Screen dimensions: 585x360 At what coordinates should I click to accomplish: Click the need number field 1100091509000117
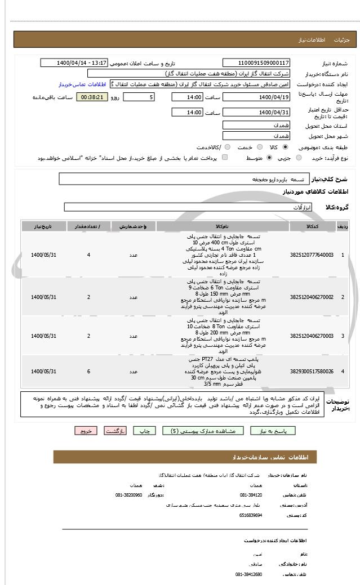pos(256,63)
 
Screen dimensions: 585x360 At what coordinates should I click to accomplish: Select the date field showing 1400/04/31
pos(256,113)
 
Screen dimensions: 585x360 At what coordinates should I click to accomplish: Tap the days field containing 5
pos(139,97)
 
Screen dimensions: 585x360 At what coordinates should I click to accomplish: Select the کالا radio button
pos(285,147)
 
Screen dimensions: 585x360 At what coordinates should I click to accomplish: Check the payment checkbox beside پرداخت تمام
pos(225,158)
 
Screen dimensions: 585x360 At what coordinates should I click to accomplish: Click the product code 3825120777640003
pos(312,255)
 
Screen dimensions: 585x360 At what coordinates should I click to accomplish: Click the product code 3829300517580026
pos(312,372)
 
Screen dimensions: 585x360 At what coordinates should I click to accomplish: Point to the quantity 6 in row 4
pos(88,372)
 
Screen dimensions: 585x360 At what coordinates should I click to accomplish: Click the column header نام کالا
pos(222,226)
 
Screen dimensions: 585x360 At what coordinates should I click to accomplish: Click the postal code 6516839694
pos(251,515)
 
